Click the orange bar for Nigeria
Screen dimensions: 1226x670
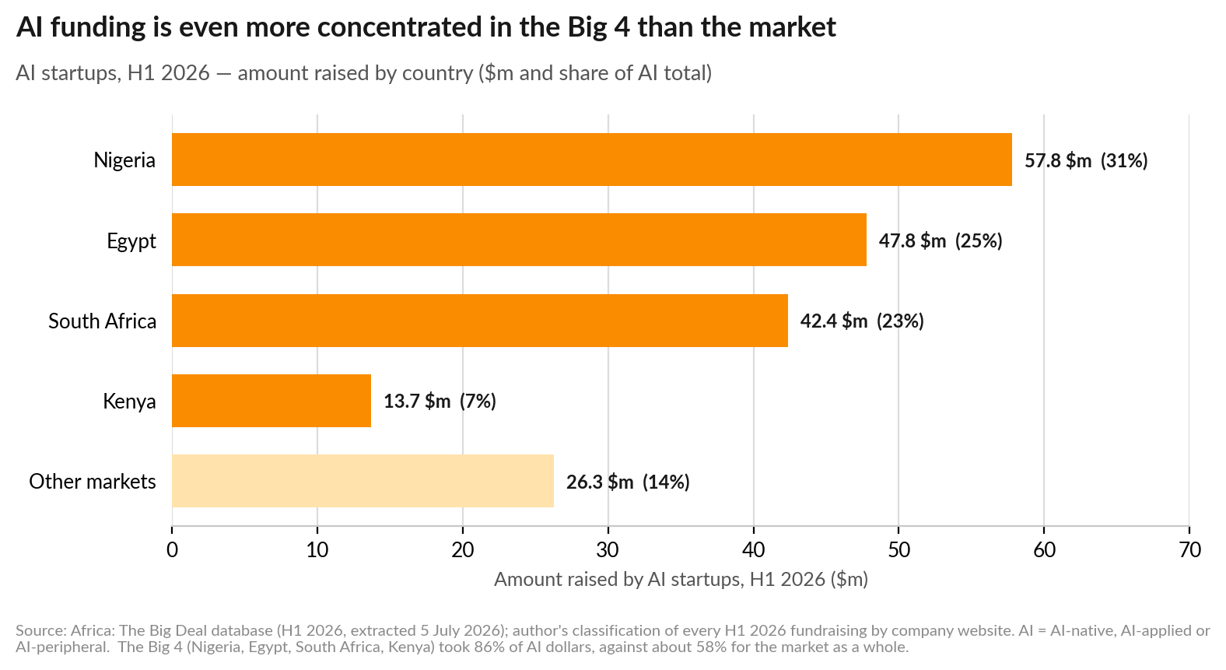click(x=592, y=160)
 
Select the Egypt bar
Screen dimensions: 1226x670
click(x=519, y=240)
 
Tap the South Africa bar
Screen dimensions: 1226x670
click(x=480, y=321)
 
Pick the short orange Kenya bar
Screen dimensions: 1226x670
click(x=271, y=401)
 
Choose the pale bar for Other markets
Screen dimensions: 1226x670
click(x=363, y=481)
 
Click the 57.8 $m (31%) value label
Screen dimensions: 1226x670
click(x=1086, y=160)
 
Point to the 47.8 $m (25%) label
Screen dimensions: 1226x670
click(x=941, y=241)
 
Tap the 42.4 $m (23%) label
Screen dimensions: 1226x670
click(x=862, y=321)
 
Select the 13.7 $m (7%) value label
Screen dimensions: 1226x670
click(x=440, y=402)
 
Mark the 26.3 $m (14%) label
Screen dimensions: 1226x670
click(x=628, y=482)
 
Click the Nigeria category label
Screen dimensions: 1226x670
click(x=124, y=160)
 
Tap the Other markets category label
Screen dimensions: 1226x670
click(x=93, y=482)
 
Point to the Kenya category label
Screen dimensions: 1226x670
click(x=130, y=402)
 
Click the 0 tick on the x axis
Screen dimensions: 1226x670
click(x=172, y=549)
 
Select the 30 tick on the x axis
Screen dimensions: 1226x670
click(x=608, y=549)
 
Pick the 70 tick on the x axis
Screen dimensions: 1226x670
click(x=1189, y=549)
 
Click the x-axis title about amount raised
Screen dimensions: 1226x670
click(x=681, y=579)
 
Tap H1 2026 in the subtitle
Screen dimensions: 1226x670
click(x=169, y=73)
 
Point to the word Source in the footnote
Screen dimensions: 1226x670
click(x=40, y=630)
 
